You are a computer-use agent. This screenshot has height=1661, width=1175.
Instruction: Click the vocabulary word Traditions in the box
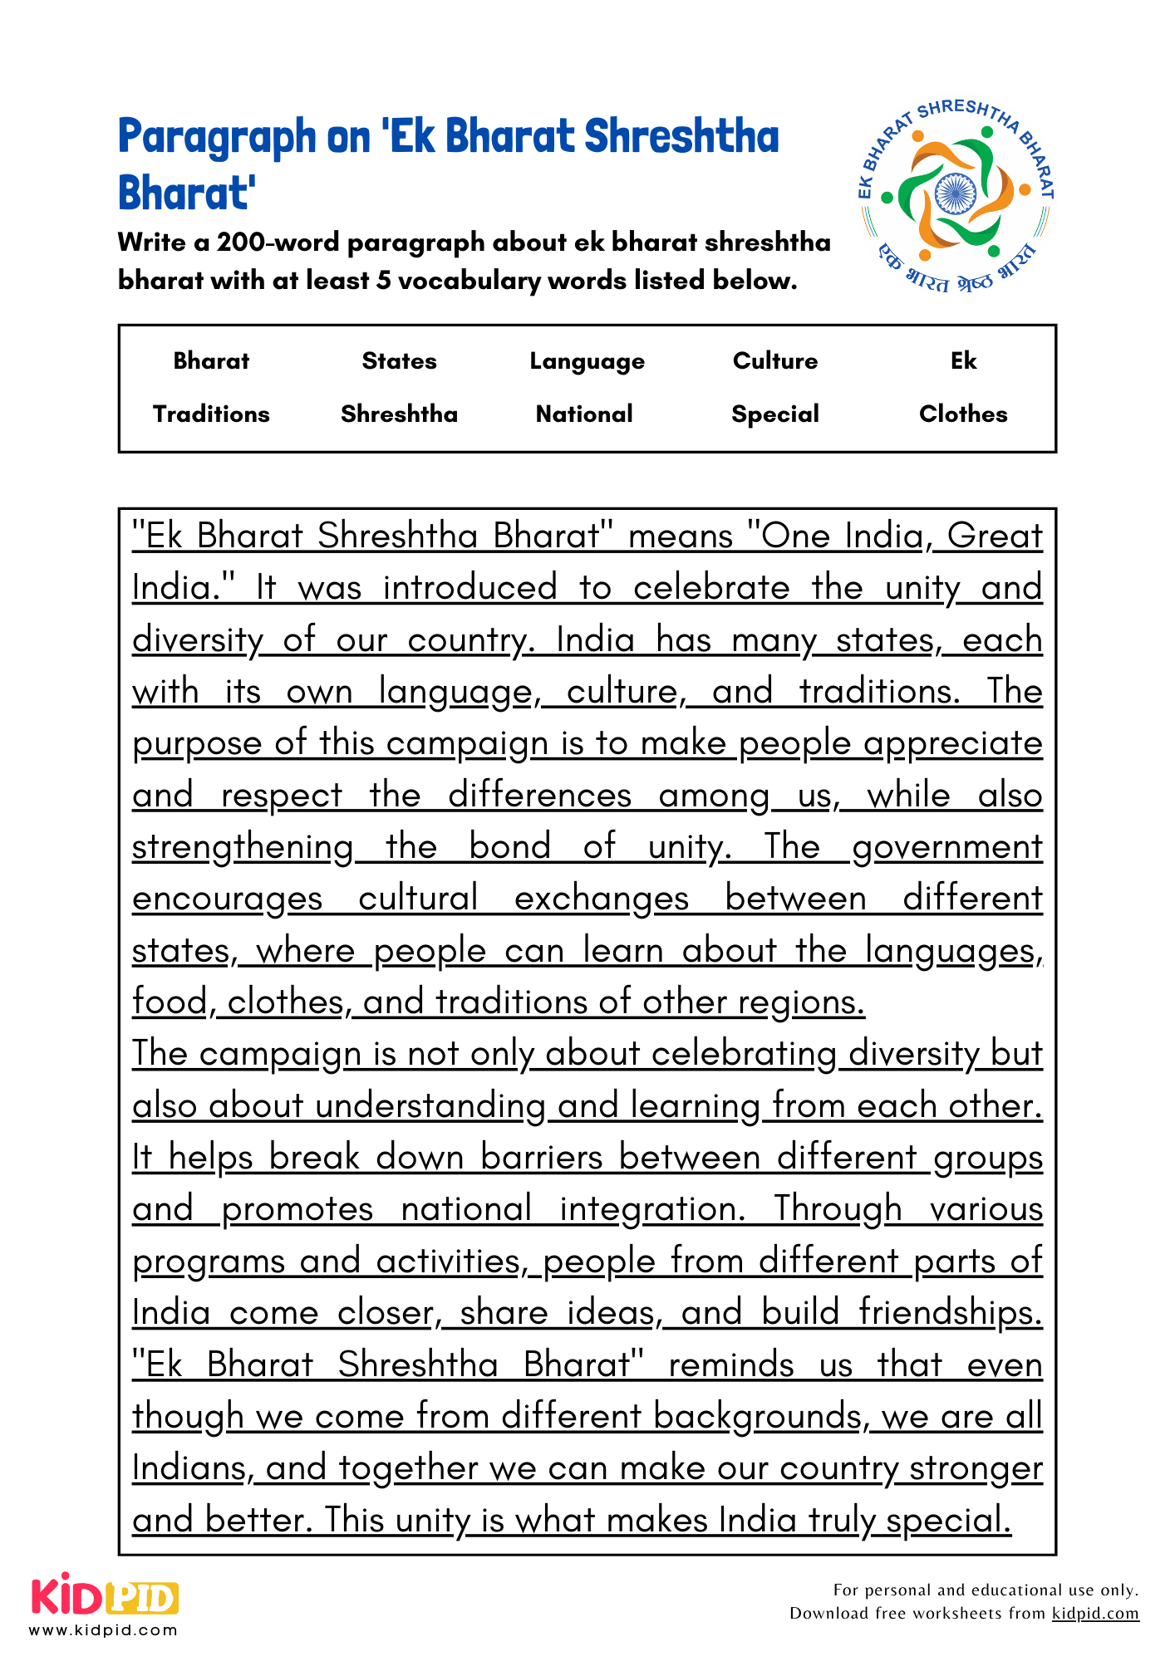pyautogui.click(x=211, y=414)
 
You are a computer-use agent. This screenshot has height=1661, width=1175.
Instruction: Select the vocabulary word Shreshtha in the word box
pyautogui.click(x=399, y=414)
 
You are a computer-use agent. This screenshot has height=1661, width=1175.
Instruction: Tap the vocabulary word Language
pyautogui.click(x=587, y=361)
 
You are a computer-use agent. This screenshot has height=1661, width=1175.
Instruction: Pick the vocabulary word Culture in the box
pyautogui.click(x=774, y=360)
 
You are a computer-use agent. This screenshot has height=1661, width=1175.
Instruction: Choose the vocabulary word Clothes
pyautogui.click(x=962, y=414)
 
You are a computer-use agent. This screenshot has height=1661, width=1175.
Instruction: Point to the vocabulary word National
pyautogui.click(x=584, y=414)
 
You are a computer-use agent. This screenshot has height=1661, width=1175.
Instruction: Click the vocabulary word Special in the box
pyautogui.click(x=774, y=414)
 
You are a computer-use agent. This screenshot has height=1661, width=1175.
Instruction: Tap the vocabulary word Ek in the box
pyautogui.click(x=963, y=360)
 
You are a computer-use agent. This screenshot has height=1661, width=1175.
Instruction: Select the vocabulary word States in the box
pyautogui.click(x=399, y=360)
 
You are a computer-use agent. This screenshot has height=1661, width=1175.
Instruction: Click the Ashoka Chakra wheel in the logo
pyautogui.click(x=955, y=194)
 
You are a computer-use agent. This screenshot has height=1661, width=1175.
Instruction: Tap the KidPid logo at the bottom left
pyautogui.click(x=105, y=1595)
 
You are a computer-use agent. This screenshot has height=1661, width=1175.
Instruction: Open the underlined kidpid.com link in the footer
pyautogui.click(x=1094, y=1613)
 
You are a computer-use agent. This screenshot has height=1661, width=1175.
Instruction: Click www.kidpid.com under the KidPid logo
pyautogui.click(x=103, y=1630)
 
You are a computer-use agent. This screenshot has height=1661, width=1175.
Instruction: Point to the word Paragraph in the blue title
pyautogui.click(x=217, y=137)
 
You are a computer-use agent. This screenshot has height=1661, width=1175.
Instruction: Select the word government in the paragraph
pyautogui.click(x=946, y=847)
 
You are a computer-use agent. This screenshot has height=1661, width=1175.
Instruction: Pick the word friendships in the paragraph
pyautogui.click(x=950, y=1313)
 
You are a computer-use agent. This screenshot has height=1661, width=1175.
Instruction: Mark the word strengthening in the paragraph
pyautogui.click(x=243, y=847)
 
